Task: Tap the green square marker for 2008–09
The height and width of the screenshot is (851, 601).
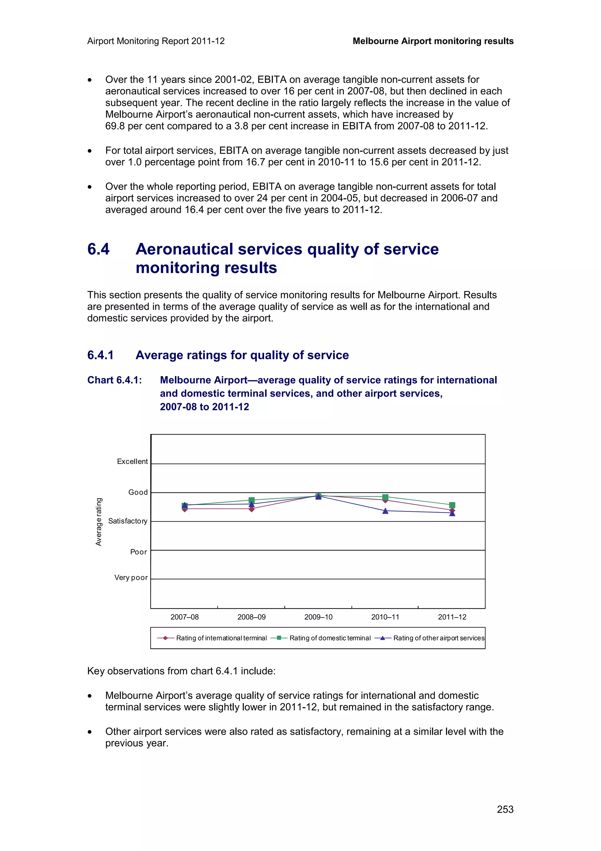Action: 251,500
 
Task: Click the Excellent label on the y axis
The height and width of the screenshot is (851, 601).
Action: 132,461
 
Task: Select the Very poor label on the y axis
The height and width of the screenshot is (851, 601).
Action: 131,577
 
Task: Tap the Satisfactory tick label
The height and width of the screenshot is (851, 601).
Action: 127,521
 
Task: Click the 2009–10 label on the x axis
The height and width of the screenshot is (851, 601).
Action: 318,617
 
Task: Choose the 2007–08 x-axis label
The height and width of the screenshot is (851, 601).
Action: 184,617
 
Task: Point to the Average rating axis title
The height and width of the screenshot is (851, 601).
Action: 99,522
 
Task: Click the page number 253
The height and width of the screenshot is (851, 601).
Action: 505,810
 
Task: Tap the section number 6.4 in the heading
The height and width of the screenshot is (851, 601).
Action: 99,249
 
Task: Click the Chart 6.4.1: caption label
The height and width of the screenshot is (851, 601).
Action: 114,380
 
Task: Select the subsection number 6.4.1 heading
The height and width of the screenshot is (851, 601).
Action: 100,355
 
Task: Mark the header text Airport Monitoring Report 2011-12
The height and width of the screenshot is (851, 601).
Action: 156,41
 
